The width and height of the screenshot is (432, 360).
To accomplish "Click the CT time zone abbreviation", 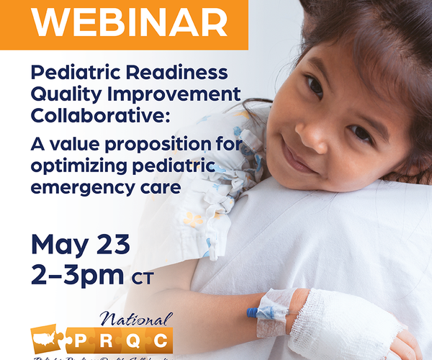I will point(143,278).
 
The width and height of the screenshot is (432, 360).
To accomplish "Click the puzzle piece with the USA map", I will point(48,339).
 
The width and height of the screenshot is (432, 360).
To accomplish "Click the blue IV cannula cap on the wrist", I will point(253,313).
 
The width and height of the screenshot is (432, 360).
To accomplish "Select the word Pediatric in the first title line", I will point(71,73).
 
